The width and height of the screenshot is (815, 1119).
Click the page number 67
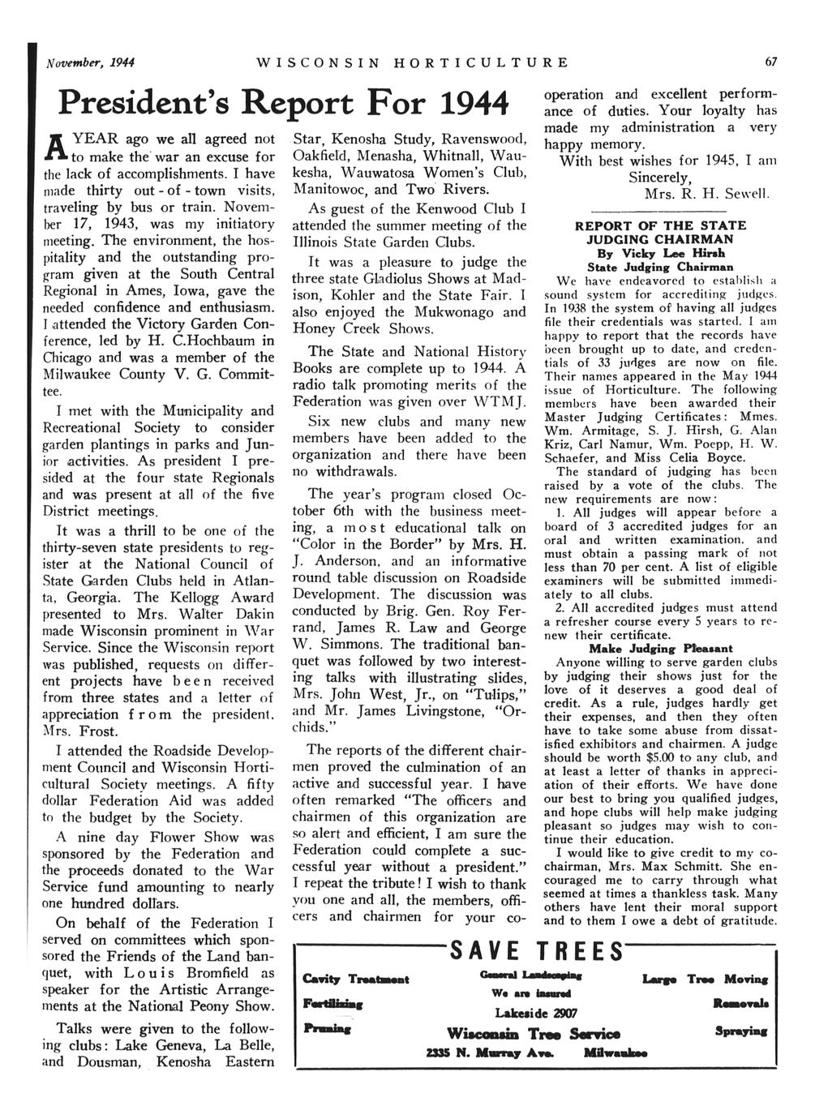770,62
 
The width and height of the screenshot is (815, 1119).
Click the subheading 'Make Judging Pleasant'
660,648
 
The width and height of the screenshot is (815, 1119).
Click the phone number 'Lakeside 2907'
531,1012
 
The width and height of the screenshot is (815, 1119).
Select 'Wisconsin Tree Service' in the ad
533,1034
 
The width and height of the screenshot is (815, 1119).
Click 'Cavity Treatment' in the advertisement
354,979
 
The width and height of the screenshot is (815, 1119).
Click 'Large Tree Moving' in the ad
705,979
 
